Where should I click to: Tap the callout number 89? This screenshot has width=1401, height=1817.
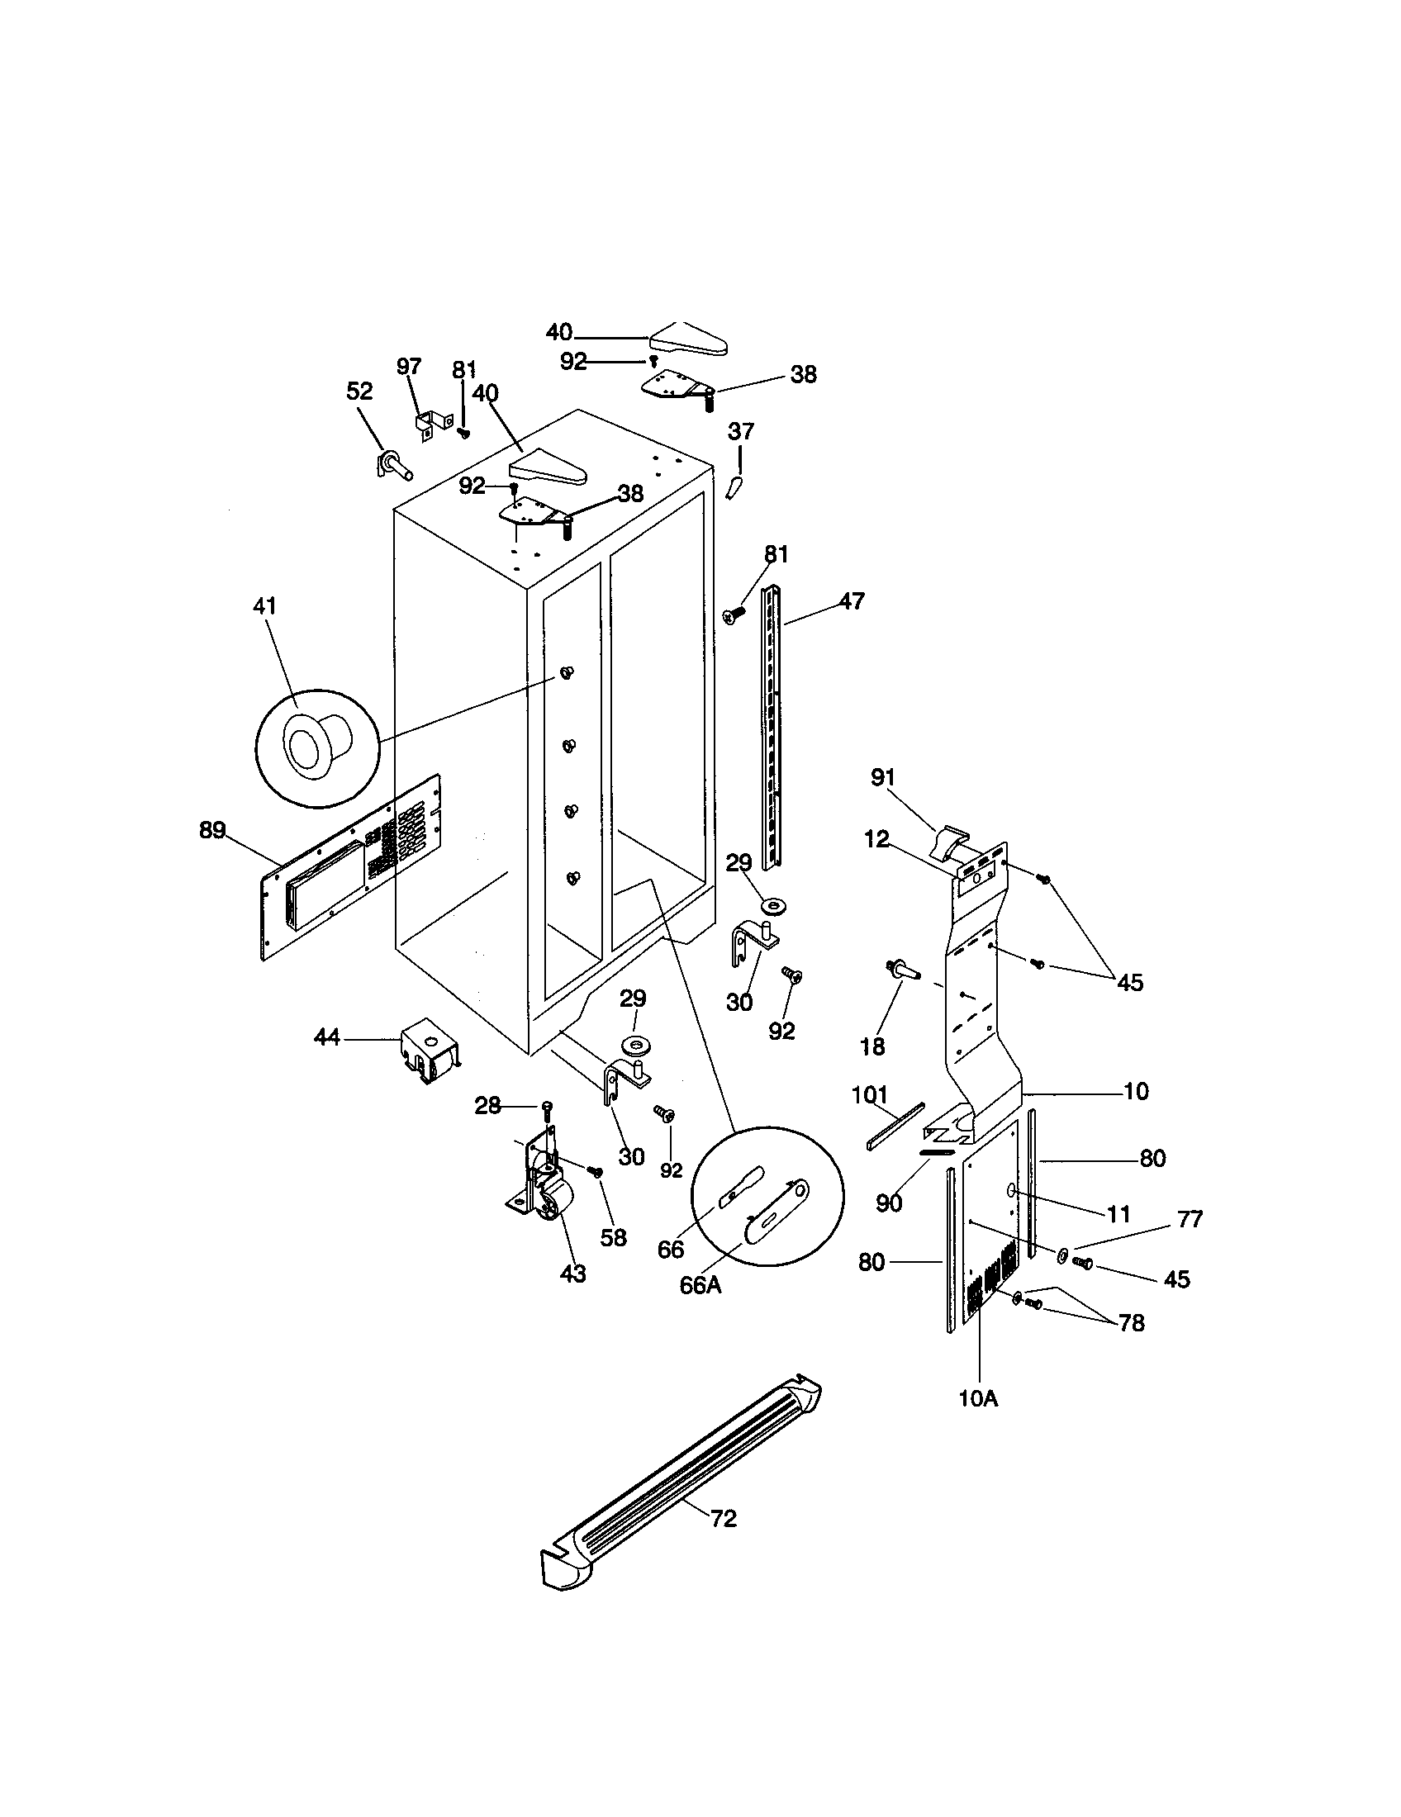tap(212, 829)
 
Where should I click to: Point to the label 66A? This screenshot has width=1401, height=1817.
tap(700, 1285)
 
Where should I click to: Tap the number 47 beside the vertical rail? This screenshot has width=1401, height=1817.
tap(851, 600)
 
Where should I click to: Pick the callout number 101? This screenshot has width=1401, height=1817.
tap(870, 1094)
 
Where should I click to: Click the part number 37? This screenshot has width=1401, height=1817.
tap(740, 431)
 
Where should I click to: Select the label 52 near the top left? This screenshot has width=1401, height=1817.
tap(359, 391)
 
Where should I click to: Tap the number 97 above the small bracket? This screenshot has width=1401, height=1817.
tap(408, 366)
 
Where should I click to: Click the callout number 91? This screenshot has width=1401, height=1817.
tap(883, 777)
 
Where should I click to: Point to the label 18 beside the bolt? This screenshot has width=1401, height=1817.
tap(871, 1046)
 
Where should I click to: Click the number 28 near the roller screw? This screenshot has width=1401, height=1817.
tap(487, 1106)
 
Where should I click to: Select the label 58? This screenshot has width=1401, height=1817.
tap(613, 1237)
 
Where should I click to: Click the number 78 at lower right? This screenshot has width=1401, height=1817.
tap(1132, 1323)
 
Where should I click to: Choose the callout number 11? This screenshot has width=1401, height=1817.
tap(1119, 1215)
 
